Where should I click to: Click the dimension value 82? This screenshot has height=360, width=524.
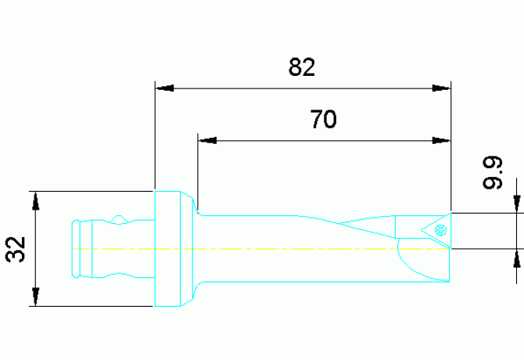[301, 69]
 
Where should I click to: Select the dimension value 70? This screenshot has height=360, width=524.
[323, 121]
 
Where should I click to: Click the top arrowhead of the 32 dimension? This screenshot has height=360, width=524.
[35, 200]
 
